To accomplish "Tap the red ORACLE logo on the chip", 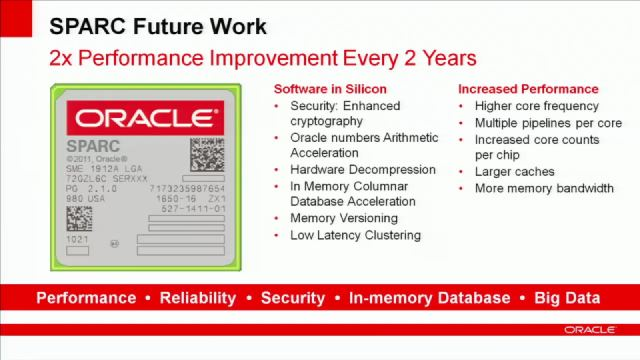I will pos(145,118).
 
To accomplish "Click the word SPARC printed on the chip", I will pos(87,146).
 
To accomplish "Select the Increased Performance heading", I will pos(528,89).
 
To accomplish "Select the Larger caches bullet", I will pos(514,171).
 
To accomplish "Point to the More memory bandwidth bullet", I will pos(543,188).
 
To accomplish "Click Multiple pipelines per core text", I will pos(547,123).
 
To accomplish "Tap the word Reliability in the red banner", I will pos(198,298).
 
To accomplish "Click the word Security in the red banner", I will pos(292,298).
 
